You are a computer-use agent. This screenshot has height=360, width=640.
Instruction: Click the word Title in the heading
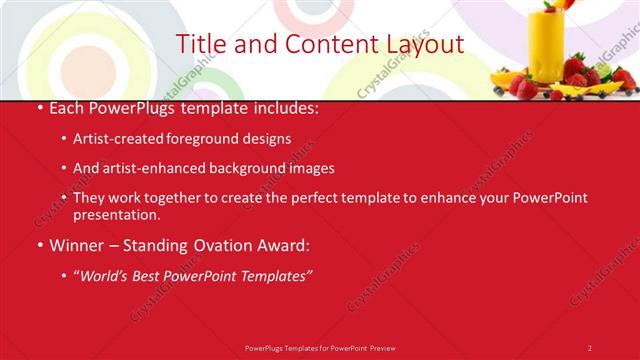pyautogui.click(x=200, y=44)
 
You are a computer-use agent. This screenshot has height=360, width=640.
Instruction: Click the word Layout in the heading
pyautogui.click(x=425, y=44)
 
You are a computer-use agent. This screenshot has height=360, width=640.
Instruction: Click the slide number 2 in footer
pyautogui.click(x=589, y=347)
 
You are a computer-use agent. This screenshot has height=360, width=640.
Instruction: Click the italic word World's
pyautogui.click(x=105, y=275)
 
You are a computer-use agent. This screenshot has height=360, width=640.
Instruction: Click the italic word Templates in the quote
pyautogui.click(x=277, y=275)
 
